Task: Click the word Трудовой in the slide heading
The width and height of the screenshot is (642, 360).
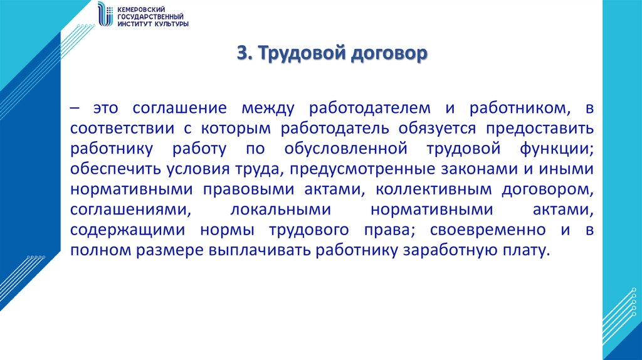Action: point(293,55)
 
